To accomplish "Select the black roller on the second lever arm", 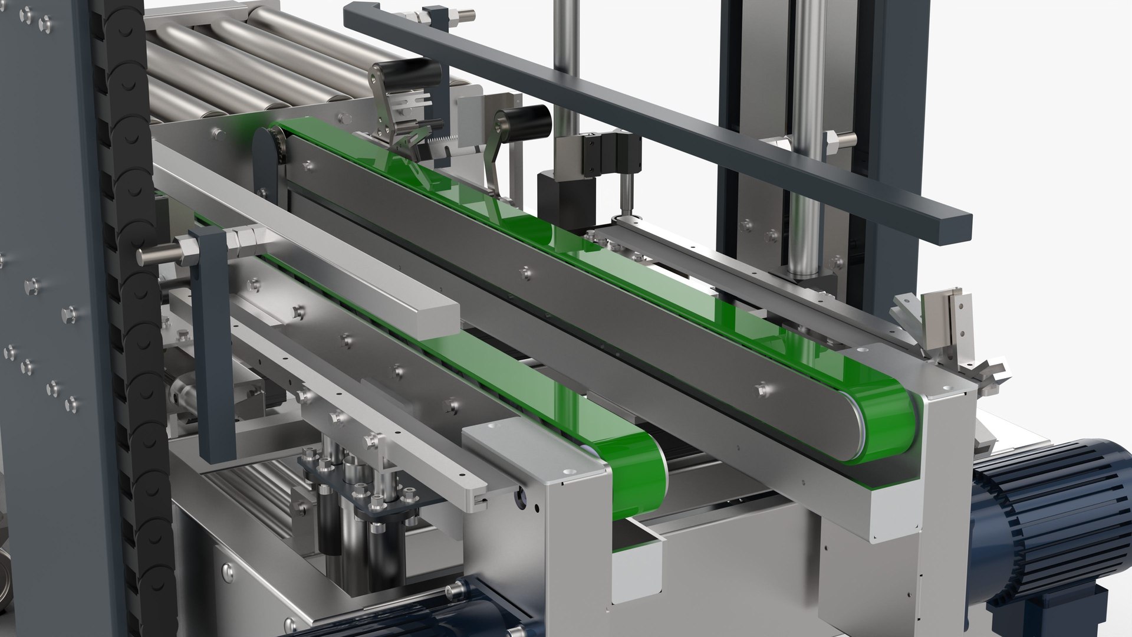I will click(x=522, y=121).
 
